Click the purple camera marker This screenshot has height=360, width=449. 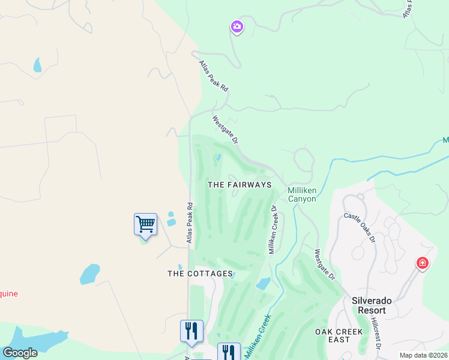click(x=237, y=26)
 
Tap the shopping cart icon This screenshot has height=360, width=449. click(x=145, y=225)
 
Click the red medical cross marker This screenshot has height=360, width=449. click(x=423, y=263)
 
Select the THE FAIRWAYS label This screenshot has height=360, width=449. click(x=240, y=185)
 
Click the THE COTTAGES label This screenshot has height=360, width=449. click(x=200, y=274)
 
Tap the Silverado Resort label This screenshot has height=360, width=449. click(x=369, y=305)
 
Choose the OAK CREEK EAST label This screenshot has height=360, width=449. click(x=339, y=335)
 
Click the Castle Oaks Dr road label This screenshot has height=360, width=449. click(x=359, y=227)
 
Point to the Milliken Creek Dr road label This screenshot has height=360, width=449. click(x=273, y=230)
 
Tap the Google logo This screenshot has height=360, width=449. click(x=20, y=353)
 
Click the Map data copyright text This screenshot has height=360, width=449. click(x=423, y=355)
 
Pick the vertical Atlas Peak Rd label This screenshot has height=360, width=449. click(x=190, y=223)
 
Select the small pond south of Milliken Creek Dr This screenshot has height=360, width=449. click(x=263, y=283)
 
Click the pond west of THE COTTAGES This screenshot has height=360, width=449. click(x=90, y=274)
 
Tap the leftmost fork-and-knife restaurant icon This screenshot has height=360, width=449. click(x=191, y=331)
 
